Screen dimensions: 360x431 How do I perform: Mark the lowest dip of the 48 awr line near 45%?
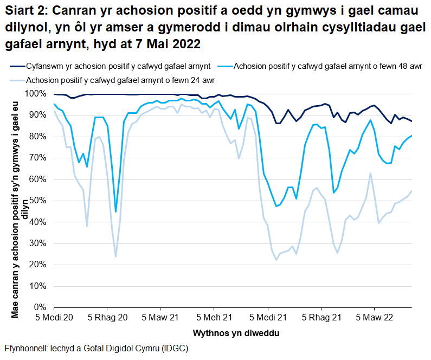(x=115, y=211)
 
